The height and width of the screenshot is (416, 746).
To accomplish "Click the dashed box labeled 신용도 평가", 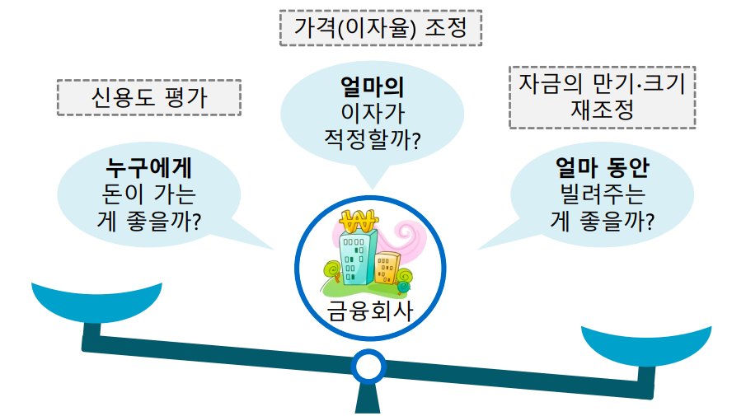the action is [x=148, y=97].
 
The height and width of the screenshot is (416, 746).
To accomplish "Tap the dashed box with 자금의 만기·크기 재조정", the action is [x=602, y=97].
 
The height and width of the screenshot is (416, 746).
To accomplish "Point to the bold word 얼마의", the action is [x=372, y=86].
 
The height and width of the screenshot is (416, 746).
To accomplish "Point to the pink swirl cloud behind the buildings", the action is [x=402, y=239].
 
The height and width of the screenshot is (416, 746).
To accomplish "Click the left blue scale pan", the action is [x=97, y=301].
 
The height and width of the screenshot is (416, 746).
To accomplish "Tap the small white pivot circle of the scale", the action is [x=368, y=364].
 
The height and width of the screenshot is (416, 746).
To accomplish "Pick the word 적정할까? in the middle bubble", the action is [x=372, y=138].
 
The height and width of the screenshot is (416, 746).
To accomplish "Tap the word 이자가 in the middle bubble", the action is [x=372, y=112].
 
